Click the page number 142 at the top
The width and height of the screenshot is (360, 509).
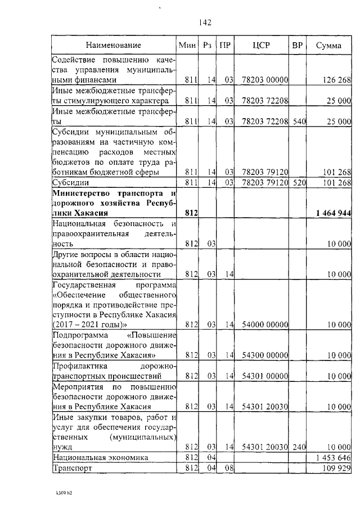pyautogui.click(x=205, y=22)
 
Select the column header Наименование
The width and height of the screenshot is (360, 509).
pyautogui.click(x=113, y=45)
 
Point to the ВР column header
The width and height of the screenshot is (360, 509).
pyautogui.click(x=297, y=45)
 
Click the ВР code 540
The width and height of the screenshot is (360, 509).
pyautogui.click(x=298, y=121)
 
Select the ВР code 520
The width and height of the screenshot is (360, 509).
pyautogui.click(x=298, y=183)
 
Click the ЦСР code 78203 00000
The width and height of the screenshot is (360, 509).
pyautogui.click(x=264, y=80)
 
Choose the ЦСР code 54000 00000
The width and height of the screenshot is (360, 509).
pyautogui.click(x=264, y=325)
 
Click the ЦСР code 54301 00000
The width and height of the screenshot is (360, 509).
pyautogui.click(x=264, y=376)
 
